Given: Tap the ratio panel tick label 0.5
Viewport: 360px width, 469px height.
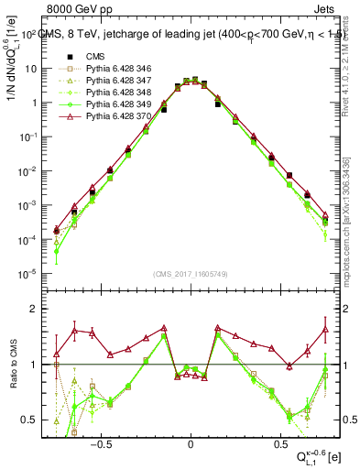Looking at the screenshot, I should [x=33, y=420].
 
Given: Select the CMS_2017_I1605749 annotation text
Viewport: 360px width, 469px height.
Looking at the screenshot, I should [x=190, y=274].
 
